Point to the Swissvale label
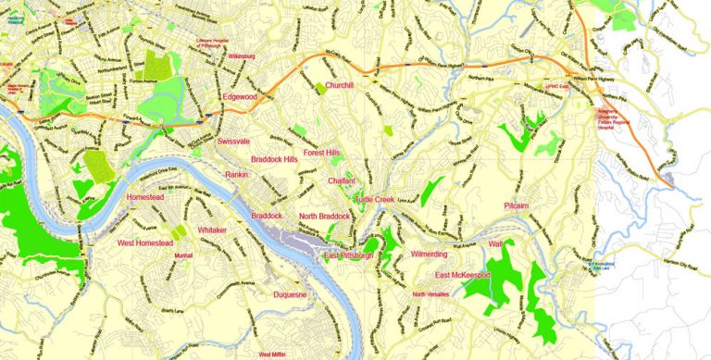(234, 142)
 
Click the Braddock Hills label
(268, 159)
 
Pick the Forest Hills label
(321, 153)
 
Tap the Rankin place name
(238, 174)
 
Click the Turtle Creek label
(374, 200)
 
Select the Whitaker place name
(212, 230)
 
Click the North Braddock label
(324, 217)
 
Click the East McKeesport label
(468, 276)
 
